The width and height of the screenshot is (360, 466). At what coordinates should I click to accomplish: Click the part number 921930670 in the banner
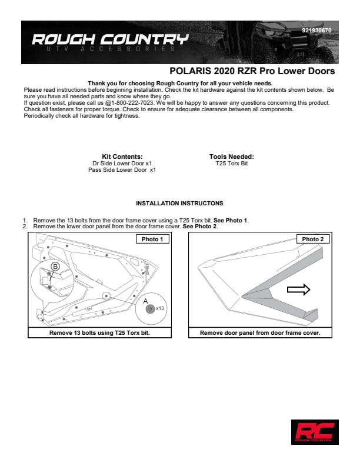(319, 29)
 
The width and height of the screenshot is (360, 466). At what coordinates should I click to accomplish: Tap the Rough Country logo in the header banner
(110, 41)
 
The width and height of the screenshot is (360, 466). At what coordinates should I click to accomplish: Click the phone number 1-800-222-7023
(135, 102)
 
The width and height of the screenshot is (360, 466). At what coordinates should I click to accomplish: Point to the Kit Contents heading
(122, 157)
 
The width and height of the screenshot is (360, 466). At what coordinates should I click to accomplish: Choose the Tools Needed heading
(231, 157)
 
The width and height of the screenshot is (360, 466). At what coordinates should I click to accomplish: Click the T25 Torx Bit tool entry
(232, 163)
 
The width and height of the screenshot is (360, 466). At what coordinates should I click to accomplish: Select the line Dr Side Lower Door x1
(122, 163)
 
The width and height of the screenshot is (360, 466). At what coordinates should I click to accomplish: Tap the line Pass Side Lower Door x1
(122, 169)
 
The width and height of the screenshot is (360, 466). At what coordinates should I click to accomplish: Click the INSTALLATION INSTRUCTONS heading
(179, 204)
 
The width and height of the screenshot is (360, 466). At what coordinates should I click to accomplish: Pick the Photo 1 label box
(152, 239)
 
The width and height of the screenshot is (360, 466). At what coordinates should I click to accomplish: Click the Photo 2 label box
(312, 239)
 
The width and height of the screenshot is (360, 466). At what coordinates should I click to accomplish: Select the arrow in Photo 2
(298, 289)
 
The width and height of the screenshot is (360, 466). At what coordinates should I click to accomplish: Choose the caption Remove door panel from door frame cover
(259, 332)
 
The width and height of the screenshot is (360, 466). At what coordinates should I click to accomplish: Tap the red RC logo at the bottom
(314, 431)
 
